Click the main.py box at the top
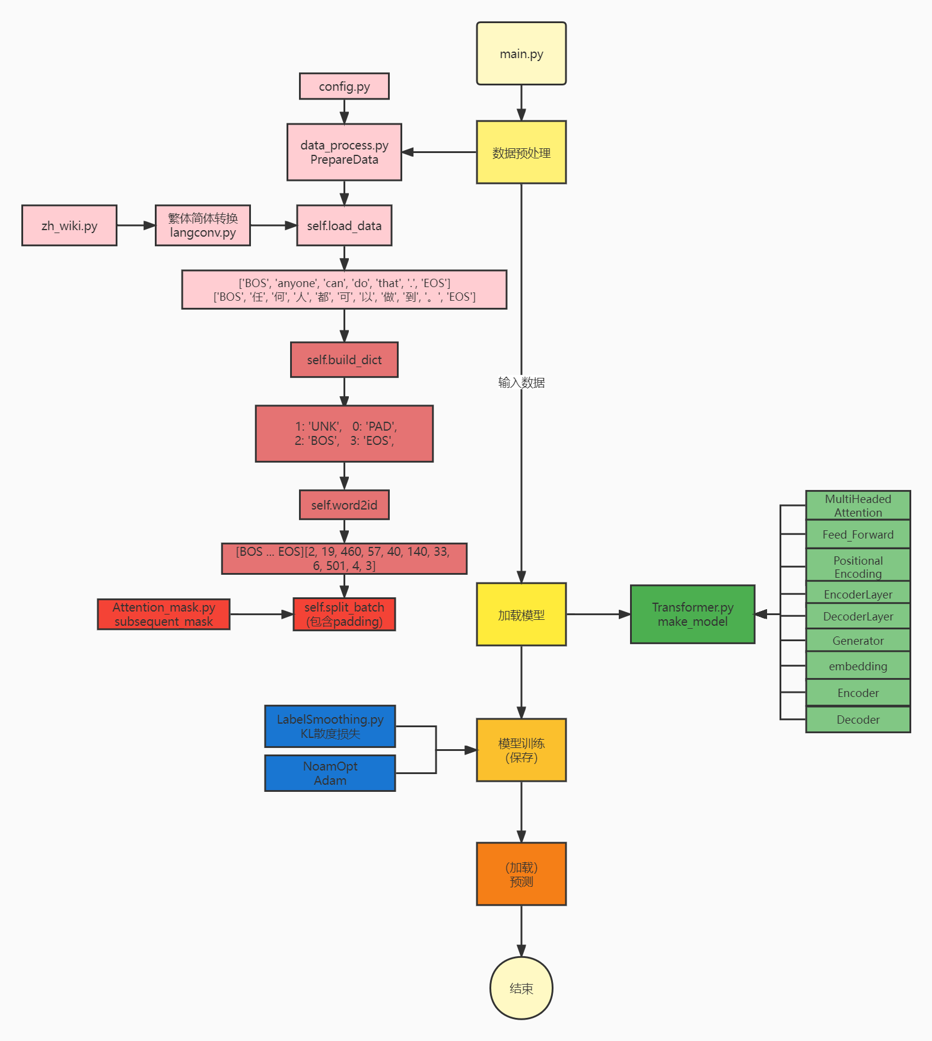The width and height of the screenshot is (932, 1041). (521, 53)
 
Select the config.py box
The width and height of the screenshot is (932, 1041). (344, 87)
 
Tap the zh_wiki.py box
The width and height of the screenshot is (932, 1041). (69, 225)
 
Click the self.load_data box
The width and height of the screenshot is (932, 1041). (344, 225)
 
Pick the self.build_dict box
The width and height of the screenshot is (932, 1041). (344, 359)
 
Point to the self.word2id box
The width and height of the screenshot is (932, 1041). (344, 505)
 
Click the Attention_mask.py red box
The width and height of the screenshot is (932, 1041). (163, 614)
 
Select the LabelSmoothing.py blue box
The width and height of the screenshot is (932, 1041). (330, 726)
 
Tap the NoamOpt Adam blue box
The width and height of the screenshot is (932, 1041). (330, 773)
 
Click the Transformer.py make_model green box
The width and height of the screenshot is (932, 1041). (692, 614)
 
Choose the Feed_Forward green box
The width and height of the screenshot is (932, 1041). (857, 534)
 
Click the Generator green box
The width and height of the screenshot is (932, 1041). (857, 641)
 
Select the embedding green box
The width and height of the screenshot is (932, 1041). (857, 666)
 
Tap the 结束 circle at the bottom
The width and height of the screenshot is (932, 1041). (521, 988)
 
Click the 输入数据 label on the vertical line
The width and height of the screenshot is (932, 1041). (521, 383)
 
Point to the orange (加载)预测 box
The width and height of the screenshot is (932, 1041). (521, 874)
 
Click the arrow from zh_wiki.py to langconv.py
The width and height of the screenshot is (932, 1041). (136, 225)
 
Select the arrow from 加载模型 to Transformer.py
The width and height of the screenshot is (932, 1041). (598, 615)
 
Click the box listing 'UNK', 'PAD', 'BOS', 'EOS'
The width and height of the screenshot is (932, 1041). (344, 434)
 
